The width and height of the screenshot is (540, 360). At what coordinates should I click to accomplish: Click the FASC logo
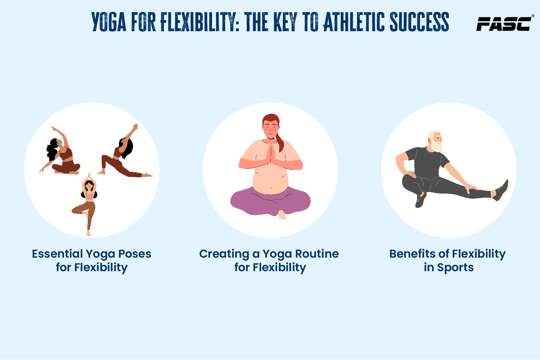[505, 24]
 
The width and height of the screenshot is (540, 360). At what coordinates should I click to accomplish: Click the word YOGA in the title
[109, 22]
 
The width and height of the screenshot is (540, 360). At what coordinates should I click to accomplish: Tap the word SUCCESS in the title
[419, 22]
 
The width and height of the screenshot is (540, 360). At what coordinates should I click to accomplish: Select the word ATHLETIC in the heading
[354, 22]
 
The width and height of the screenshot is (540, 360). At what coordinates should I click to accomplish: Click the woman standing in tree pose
[86, 204]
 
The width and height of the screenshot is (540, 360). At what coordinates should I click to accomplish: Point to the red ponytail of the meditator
[279, 142]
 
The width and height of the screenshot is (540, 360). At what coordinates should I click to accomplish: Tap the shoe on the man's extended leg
[501, 191]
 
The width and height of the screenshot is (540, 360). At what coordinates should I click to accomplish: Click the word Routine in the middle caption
[317, 254]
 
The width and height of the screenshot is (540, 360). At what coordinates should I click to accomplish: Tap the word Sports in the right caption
[455, 267]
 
